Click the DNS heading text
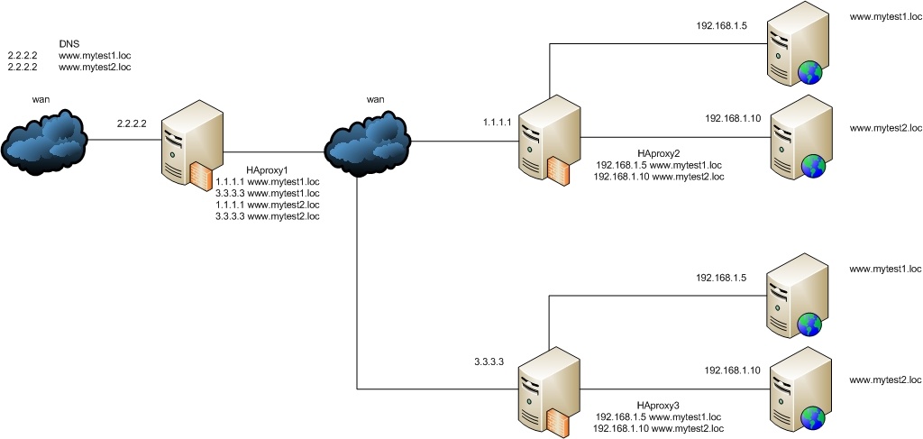(x=69, y=42)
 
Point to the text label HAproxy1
(x=268, y=169)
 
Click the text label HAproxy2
(x=659, y=153)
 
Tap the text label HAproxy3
(x=659, y=405)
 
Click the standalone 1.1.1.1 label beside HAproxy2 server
(x=498, y=121)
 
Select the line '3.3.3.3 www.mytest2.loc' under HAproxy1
(x=268, y=216)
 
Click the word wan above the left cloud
(x=41, y=99)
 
